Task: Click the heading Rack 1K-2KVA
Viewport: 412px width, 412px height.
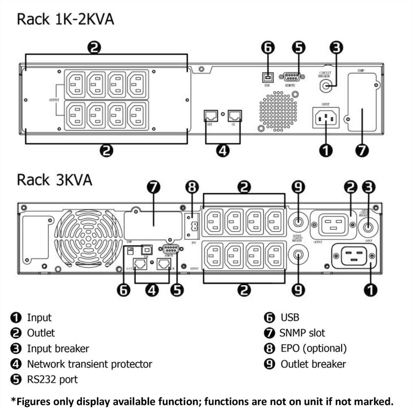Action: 65,19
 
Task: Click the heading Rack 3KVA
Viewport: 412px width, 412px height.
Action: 54,180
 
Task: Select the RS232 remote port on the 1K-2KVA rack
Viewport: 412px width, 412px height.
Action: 290,77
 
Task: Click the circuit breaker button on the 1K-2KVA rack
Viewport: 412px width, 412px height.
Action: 326,85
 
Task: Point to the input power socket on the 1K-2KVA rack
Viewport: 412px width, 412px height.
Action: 325,118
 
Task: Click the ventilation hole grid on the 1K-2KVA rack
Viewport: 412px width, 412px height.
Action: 278,111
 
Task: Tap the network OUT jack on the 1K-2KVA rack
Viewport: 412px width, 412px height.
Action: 210,115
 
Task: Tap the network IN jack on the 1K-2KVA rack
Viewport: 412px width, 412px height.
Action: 235,115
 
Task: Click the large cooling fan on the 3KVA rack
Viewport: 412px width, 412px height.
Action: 89,237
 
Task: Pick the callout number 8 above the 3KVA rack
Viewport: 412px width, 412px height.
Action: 192,187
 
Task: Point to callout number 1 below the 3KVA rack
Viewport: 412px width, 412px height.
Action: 370,290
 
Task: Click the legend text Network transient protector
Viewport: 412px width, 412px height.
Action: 89,364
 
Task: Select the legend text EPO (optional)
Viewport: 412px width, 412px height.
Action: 313,348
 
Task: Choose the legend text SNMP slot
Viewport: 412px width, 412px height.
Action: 302,333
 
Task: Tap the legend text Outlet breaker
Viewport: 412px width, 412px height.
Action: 313,364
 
